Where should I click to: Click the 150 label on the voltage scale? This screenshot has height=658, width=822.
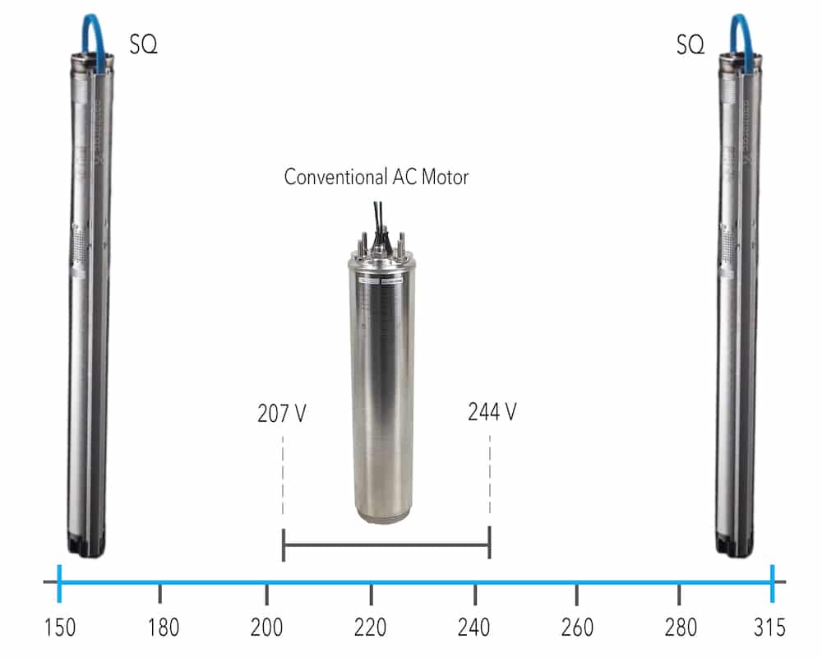pos(60,628)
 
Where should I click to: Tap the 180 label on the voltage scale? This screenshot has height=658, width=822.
pos(163,628)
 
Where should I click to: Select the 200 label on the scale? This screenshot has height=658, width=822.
pos(266,628)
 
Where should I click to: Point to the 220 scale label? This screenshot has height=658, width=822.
pos(370,628)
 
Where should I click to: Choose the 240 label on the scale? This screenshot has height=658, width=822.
pos(474,628)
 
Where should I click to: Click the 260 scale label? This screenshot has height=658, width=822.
pos(577,628)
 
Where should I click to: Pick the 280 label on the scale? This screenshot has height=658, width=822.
pos(681,628)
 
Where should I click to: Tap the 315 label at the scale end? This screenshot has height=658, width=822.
pos(769,628)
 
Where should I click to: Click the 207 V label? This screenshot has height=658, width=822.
pos(281,414)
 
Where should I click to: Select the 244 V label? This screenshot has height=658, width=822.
pos(492,412)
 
